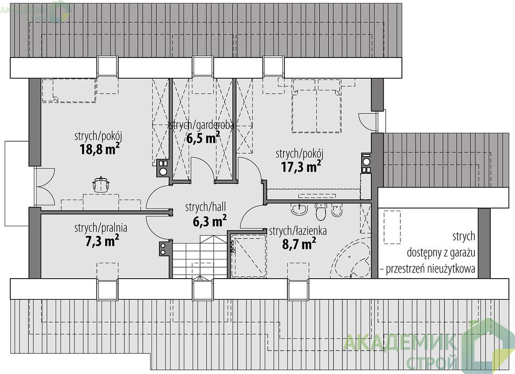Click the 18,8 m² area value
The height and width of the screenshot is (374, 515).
[x=99, y=149]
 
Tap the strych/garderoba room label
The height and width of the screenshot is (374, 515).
[x=201, y=125]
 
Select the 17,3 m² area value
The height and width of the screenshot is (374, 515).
[x=300, y=167]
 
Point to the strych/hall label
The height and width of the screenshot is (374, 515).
[x=205, y=207]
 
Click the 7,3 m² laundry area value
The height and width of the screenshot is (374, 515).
[x=102, y=241]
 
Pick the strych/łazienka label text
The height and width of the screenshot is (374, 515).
[x=297, y=231]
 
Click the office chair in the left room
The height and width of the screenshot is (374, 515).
[x=101, y=184]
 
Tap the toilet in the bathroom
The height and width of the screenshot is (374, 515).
[x=320, y=211]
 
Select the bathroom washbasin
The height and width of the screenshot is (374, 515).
[x=299, y=209]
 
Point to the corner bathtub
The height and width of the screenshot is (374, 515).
[x=351, y=259]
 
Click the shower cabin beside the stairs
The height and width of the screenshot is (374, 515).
[x=249, y=255]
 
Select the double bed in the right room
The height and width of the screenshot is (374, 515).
[x=316, y=106]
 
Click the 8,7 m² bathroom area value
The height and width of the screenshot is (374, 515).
[x=299, y=244]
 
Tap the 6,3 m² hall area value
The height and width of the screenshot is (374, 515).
[x=209, y=221]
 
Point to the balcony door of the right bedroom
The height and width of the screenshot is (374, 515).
[x=367, y=121]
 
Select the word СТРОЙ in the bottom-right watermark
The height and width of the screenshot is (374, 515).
[x=432, y=362]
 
